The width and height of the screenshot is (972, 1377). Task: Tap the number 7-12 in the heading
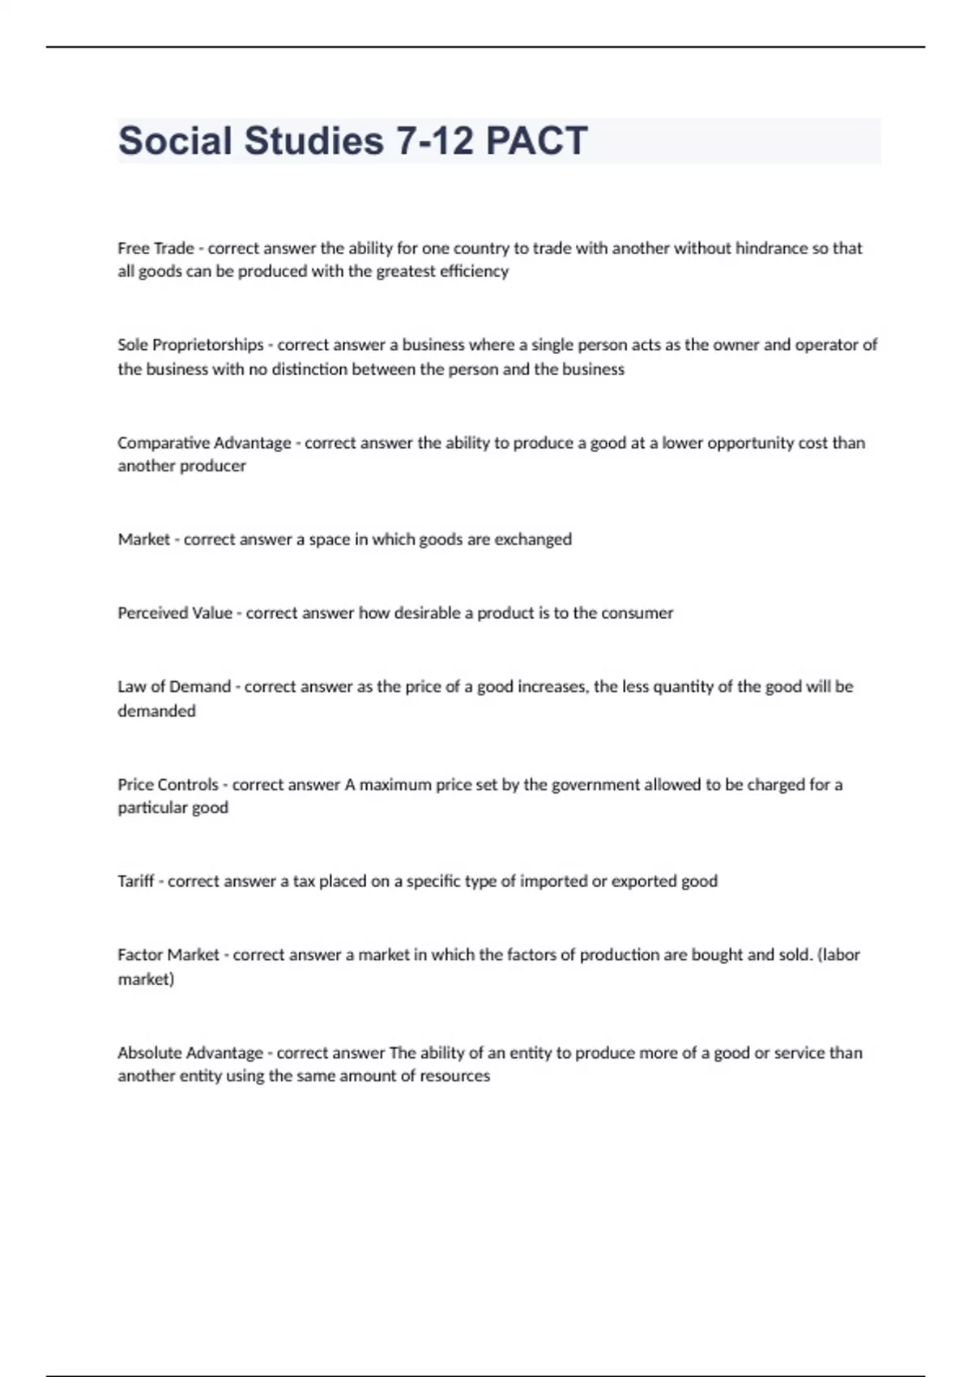(x=435, y=141)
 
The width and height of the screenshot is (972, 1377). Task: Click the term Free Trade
(x=156, y=248)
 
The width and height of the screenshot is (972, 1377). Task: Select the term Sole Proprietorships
(x=190, y=345)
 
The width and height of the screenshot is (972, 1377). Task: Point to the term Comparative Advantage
(x=204, y=443)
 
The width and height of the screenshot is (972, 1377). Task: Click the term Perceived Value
(x=175, y=613)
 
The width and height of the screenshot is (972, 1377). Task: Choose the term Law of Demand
(x=174, y=687)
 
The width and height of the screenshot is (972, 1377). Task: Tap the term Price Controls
(x=168, y=785)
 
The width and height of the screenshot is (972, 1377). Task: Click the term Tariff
(x=135, y=881)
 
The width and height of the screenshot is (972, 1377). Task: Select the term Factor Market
(x=168, y=955)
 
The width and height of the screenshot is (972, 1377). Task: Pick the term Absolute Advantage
(x=190, y=1053)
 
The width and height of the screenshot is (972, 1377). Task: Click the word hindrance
(x=771, y=248)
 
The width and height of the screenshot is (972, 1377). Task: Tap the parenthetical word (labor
(x=839, y=955)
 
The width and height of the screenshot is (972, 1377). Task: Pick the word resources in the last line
(x=454, y=1076)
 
